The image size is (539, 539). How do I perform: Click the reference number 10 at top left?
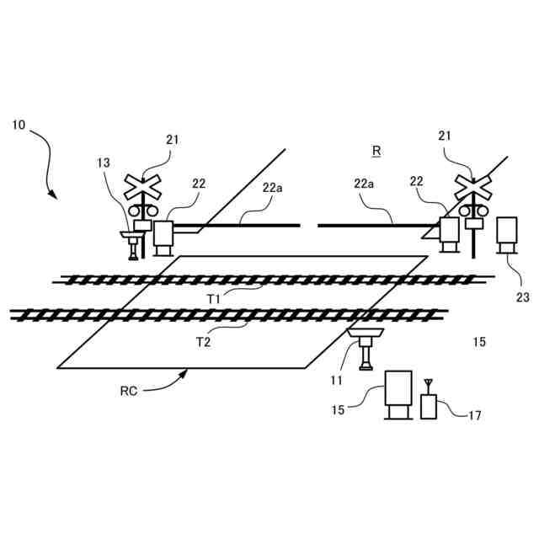pyautogui.click(x=19, y=125)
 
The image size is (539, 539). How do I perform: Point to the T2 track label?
pyautogui.click(x=203, y=341)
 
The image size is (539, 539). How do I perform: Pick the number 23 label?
pyautogui.click(x=522, y=296)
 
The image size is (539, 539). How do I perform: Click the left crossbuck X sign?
pyautogui.click(x=143, y=185)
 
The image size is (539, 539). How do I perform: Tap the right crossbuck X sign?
pyautogui.click(x=472, y=185)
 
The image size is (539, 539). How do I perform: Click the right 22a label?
pyautogui.click(x=365, y=183)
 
